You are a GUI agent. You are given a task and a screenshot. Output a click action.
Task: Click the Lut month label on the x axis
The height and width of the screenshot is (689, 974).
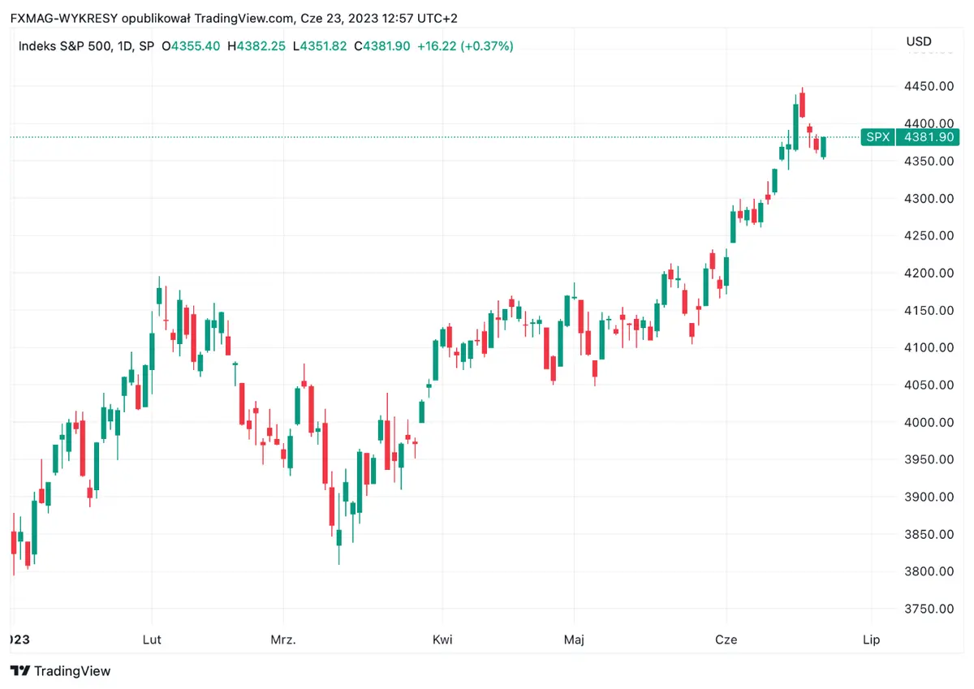[152, 639]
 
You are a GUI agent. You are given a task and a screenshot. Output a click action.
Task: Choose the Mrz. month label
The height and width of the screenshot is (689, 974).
[282, 639]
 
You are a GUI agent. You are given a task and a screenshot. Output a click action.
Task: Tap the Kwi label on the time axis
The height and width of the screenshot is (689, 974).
[442, 639]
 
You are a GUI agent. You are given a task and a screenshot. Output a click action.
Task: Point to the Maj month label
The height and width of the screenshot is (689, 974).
[574, 639]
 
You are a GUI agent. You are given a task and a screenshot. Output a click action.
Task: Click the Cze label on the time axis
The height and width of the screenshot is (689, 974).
[726, 639]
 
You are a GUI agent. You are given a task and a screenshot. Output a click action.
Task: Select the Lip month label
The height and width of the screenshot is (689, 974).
[872, 639]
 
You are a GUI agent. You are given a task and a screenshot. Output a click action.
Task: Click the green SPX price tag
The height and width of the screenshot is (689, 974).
[877, 137]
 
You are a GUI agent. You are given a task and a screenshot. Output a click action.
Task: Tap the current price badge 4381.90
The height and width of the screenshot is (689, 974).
[928, 137]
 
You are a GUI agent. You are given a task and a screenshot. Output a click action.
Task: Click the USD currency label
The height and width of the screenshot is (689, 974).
[919, 41]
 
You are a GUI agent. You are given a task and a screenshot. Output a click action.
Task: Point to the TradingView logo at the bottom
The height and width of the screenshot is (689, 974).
[61, 671]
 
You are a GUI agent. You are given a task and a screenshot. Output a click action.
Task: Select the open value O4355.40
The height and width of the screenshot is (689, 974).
[191, 46]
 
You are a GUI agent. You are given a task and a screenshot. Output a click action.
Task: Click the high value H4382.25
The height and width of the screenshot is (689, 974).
[256, 46]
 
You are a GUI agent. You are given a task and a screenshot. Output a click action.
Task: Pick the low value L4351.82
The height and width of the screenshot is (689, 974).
[321, 46]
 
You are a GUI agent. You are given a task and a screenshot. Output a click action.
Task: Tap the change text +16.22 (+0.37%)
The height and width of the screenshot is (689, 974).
[465, 46]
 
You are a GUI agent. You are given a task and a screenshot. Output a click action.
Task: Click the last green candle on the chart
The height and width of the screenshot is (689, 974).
[824, 147]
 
